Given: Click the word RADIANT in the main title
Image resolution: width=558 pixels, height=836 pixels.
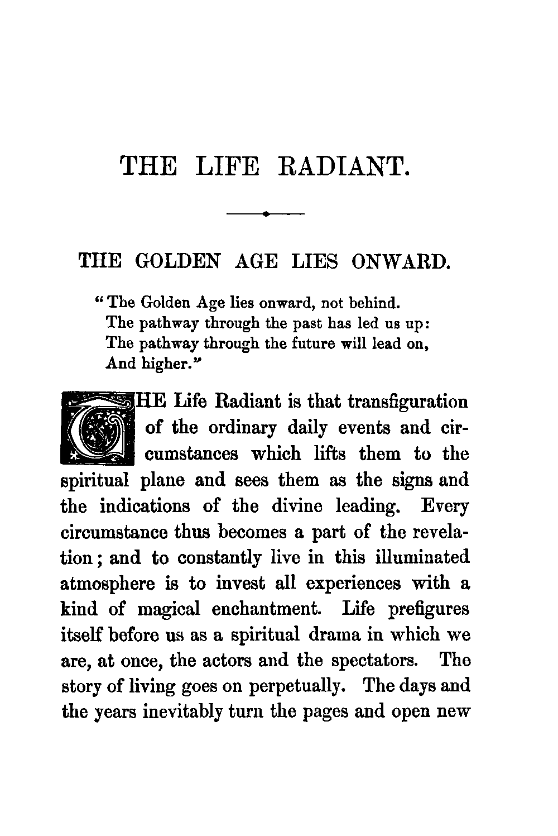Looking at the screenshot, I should tap(344, 166).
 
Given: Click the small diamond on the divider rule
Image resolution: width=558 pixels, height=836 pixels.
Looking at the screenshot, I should tap(266, 213).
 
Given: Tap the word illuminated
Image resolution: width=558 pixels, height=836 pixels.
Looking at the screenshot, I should tap(422, 557).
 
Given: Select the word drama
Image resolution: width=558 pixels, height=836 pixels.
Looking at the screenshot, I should tap(330, 635).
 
